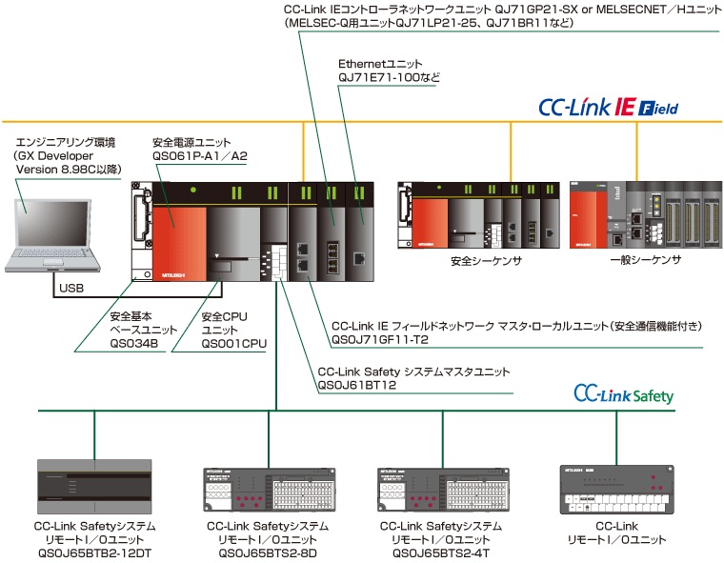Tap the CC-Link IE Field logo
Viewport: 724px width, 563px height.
point(608,108)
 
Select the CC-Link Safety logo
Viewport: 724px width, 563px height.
point(623,394)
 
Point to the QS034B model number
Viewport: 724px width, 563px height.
point(134,344)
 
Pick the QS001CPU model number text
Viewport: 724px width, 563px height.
point(234,344)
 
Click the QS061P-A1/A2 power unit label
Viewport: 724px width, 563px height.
point(200,156)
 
